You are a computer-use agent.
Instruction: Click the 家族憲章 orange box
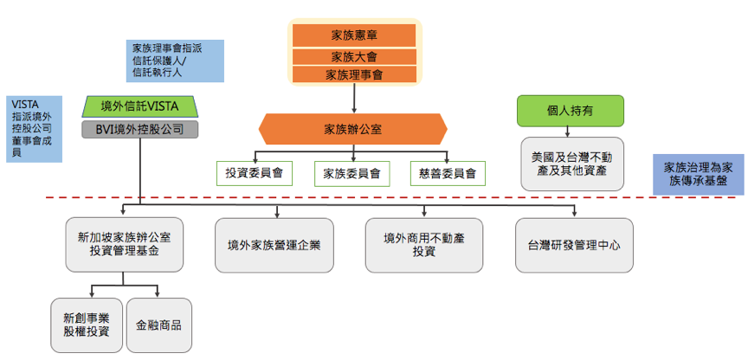(353, 35)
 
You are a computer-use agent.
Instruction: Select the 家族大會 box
(353, 57)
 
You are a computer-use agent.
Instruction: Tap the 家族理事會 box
(353, 75)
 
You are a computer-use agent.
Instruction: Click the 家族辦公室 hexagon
(353, 130)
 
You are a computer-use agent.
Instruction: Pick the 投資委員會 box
(254, 173)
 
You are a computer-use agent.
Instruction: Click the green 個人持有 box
(571, 111)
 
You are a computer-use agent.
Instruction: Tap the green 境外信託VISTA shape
(139, 106)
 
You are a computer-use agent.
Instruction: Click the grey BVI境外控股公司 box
(139, 130)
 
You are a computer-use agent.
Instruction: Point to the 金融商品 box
(159, 325)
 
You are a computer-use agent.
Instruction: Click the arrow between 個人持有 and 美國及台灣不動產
(569, 132)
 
